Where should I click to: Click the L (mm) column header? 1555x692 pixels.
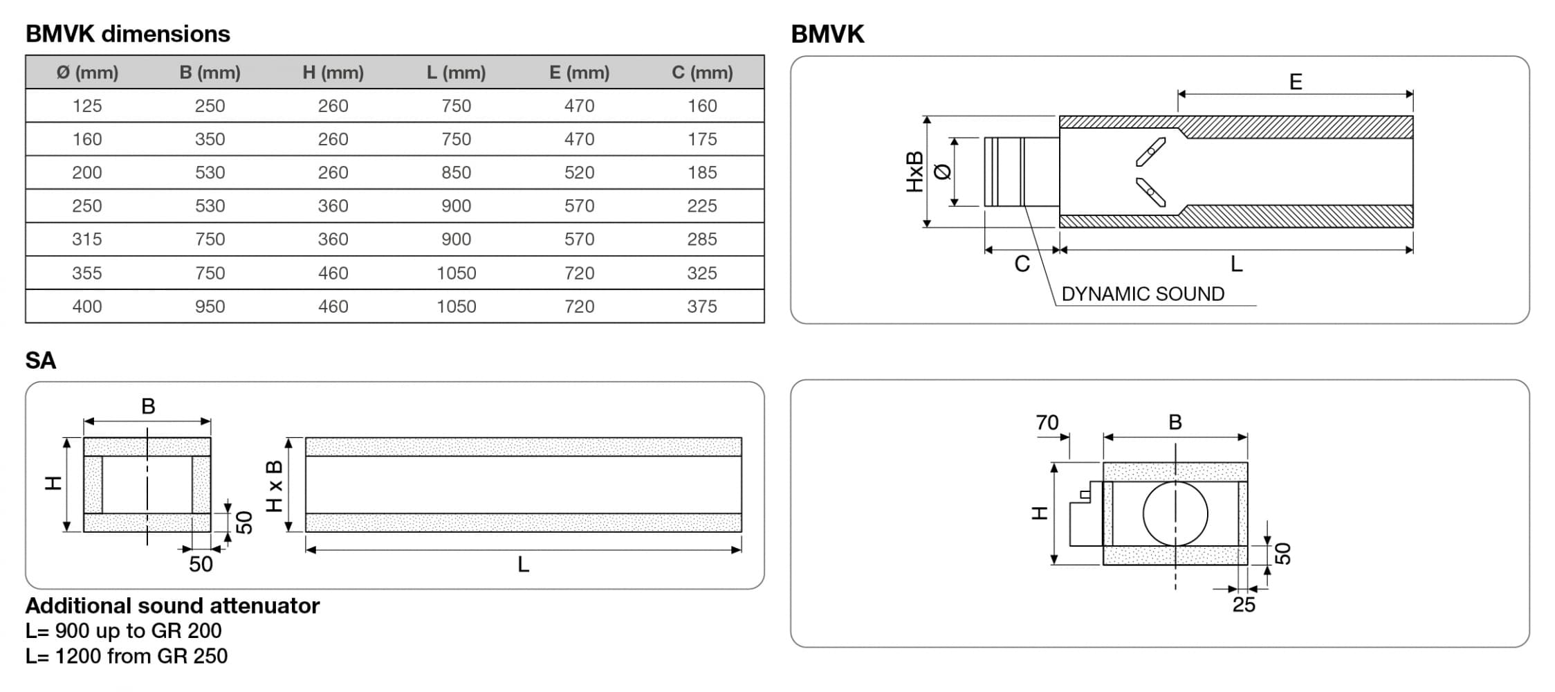[x=456, y=73]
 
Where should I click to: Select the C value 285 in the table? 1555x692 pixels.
[x=701, y=239]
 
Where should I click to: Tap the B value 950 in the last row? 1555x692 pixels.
[x=210, y=307]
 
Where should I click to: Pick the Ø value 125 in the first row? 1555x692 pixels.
[x=87, y=106]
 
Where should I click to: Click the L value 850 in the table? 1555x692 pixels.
[x=456, y=172]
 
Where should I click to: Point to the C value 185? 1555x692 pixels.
[x=701, y=172]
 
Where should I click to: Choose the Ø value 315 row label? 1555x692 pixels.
[x=87, y=239]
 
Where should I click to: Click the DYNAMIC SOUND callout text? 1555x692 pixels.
[x=1142, y=294]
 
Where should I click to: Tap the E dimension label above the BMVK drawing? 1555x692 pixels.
[x=1295, y=82]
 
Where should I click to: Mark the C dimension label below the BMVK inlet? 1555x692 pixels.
[x=1022, y=264]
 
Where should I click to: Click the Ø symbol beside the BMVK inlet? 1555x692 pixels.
[x=942, y=171]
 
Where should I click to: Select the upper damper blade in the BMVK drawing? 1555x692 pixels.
[x=1150, y=152]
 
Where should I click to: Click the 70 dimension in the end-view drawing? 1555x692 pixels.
[x=1047, y=422]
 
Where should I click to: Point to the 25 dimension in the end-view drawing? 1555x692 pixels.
[x=1243, y=605]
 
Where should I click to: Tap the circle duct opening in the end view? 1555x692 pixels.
[x=1175, y=513]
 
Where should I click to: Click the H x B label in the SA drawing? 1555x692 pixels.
[x=275, y=486]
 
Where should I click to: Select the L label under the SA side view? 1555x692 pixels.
[x=523, y=565]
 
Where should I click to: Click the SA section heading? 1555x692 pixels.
[x=41, y=361]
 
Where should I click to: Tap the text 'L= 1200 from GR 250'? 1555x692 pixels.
[x=127, y=656]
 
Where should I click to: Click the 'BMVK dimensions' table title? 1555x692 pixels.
[x=128, y=34]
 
